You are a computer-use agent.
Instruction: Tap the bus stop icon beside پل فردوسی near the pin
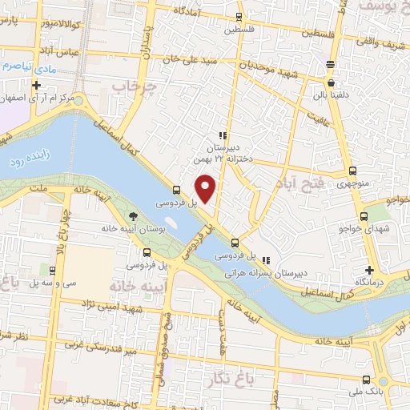tap(177, 191)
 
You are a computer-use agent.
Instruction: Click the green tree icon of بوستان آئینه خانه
tap(133, 216)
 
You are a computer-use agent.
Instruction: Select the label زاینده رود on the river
tap(30, 159)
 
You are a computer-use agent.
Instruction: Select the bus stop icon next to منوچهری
tap(353, 171)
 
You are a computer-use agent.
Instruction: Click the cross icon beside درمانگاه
tap(369, 270)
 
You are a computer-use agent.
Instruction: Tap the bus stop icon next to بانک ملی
tap(365, 380)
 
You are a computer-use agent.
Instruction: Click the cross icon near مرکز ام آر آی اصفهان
tap(36, 84)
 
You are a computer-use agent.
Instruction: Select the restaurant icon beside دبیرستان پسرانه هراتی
tap(266, 259)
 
